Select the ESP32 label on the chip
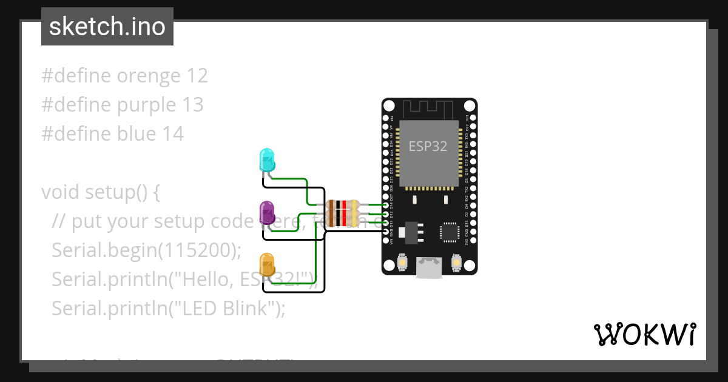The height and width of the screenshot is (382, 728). (x=428, y=146)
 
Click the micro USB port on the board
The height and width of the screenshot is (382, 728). (x=430, y=267)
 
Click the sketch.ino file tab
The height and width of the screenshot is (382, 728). (x=107, y=27)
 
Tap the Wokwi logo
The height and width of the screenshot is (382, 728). (x=644, y=334)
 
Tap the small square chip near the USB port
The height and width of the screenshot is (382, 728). (x=450, y=232)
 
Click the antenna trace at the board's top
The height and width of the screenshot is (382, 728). (x=430, y=109)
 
